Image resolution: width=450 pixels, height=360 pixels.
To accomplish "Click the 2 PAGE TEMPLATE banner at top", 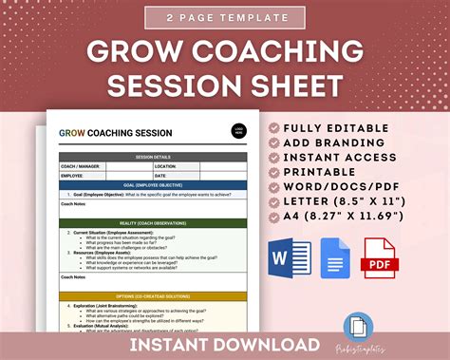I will pyautogui.click(x=224, y=17).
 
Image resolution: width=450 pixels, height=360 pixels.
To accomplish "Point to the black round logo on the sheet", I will pyautogui.click(x=238, y=133).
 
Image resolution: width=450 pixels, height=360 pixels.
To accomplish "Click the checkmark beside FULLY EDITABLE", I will pyautogui.click(x=276, y=127).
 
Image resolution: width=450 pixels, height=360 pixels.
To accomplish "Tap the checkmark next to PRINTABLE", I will pyautogui.click(x=276, y=172).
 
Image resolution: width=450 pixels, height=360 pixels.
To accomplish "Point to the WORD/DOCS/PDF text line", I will pyautogui.click(x=356, y=187).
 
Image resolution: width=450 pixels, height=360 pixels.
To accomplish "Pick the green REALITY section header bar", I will pyautogui.click(x=154, y=223).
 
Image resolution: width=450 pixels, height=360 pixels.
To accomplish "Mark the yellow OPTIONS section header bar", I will pyautogui.click(x=154, y=295).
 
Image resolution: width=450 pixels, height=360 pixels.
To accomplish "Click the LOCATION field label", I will pyautogui.click(x=169, y=165).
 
